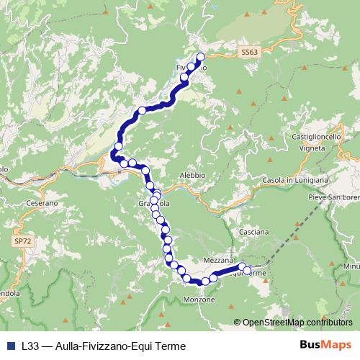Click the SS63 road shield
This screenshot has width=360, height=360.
[249, 52]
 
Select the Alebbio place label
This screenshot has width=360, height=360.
[192, 175]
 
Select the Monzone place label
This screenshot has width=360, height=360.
[199, 300]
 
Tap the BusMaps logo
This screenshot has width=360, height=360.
[325, 346]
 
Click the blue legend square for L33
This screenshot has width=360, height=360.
[11, 346]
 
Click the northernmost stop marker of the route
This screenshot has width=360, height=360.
[201, 57]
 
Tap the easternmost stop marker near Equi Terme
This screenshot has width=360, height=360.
[248, 271]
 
